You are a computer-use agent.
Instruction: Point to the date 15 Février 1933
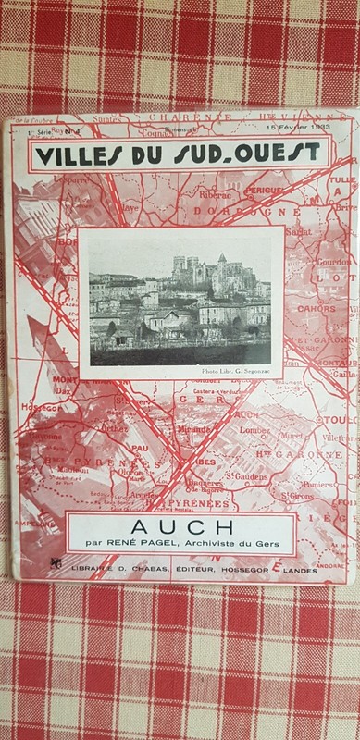tap(294, 126)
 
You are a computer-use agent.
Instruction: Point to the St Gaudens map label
tap(250, 475)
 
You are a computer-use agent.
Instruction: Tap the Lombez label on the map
tap(253, 429)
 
